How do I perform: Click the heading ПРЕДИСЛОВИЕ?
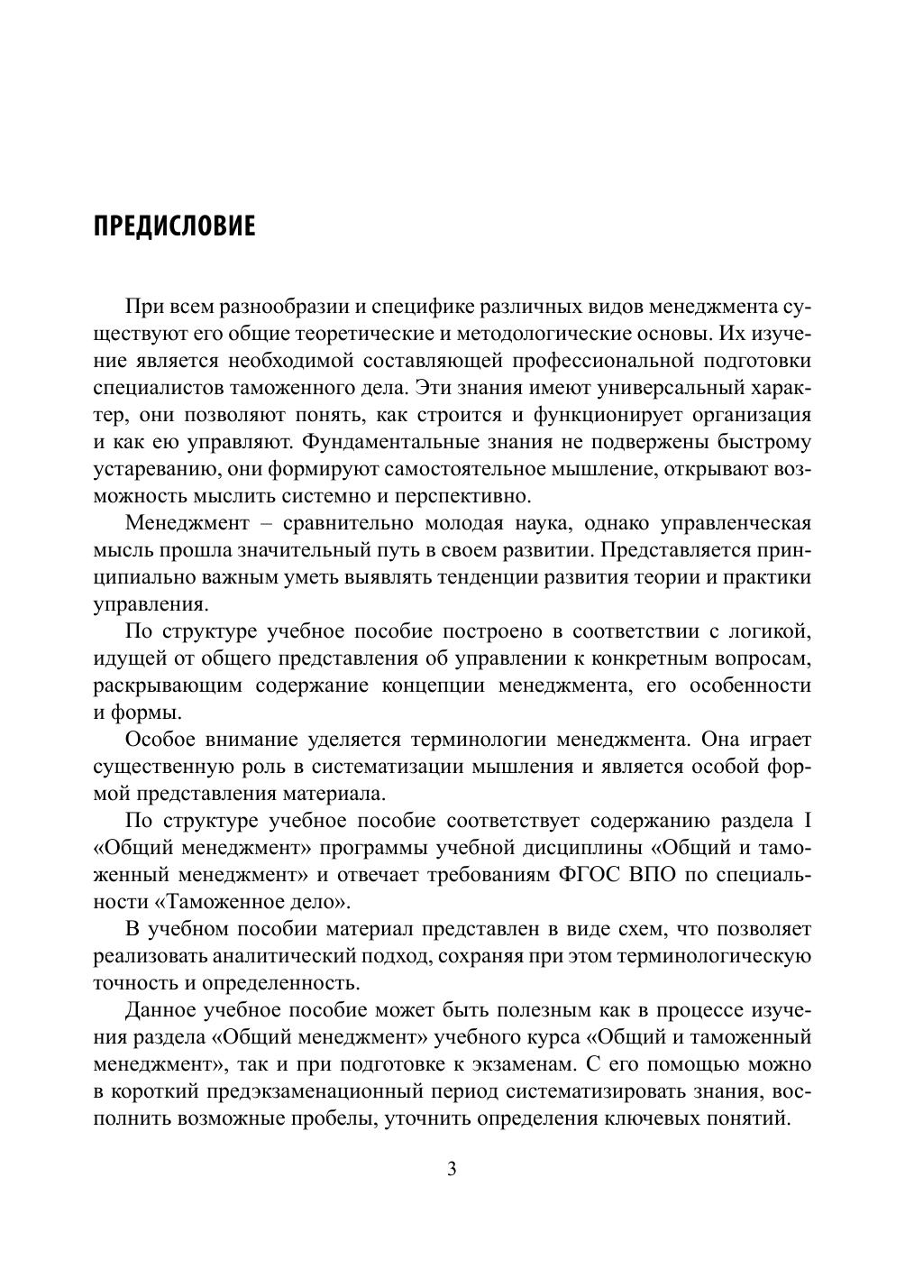pos(175,225)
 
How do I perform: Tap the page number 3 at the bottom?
pos(452,1170)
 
